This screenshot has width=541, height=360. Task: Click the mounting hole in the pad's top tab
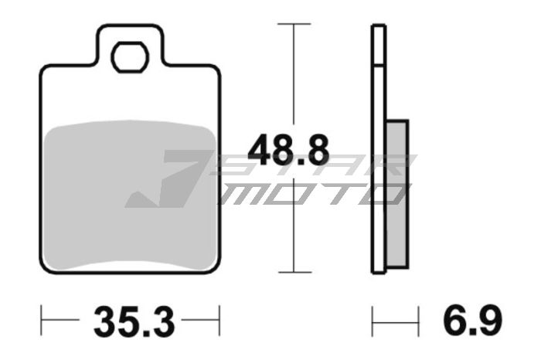click(129, 56)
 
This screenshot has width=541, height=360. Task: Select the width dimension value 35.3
click(131, 318)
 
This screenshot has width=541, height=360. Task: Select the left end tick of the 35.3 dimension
click(41, 317)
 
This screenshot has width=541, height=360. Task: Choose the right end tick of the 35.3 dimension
click(221, 317)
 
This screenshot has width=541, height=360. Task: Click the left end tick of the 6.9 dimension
click(373, 317)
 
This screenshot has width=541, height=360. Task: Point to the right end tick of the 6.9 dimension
click(418, 317)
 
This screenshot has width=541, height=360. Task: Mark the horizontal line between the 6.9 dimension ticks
click(396, 317)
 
